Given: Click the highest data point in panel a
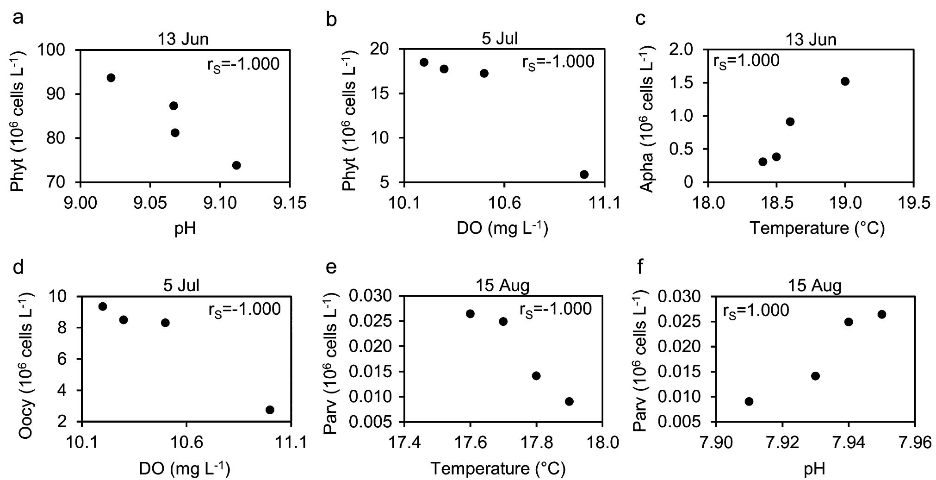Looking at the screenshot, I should pyautogui.click(x=111, y=77).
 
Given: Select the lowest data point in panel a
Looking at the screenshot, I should pyautogui.click(x=236, y=165).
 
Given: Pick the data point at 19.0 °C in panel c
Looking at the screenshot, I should pyautogui.click(x=845, y=81).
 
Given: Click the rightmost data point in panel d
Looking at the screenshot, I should pyautogui.click(x=270, y=410).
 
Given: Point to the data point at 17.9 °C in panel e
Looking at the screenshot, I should pyautogui.click(x=569, y=401).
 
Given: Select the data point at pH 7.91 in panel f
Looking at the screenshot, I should pyautogui.click(x=749, y=401).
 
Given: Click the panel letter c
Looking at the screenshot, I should pyautogui.click(x=641, y=19).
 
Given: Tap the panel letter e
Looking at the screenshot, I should pyautogui.click(x=331, y=267).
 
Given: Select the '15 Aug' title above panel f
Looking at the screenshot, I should pyautogui.click(x=815, y=286).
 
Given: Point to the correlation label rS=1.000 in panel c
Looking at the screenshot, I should pyautogui.click(x=746, y=61).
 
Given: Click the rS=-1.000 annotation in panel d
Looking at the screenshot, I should pyautogui.click(x=244, y=309).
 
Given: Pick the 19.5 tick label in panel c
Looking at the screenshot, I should pyautogui.click(x=912, y=203).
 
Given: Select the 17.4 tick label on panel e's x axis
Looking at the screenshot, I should pyautogui.click(x=404, y=443).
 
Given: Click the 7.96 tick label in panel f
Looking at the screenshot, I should pyautogui.click(x=914, y=443).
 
